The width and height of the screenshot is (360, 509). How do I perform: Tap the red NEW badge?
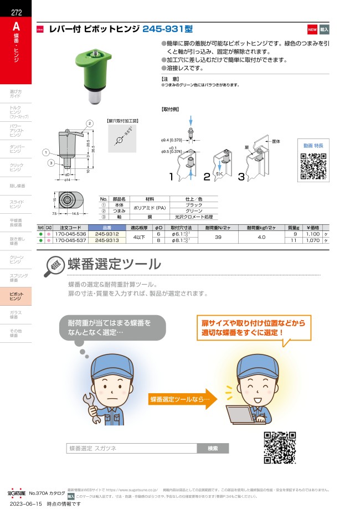(x=312, y=29)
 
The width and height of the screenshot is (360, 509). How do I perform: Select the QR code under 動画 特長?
(x=313, y=166)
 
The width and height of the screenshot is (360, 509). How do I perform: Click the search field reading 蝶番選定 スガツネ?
(x=131, y=448)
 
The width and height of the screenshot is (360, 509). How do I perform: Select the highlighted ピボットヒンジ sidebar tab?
(x=16, y=296)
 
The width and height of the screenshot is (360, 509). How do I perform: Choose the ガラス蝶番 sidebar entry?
(x=16, y=315)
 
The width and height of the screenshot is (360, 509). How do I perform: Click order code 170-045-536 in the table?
(x=70, y=233)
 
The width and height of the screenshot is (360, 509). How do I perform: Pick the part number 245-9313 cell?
(x=106, y=240)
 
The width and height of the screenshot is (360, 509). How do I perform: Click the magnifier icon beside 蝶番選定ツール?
(x=54, y=266)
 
